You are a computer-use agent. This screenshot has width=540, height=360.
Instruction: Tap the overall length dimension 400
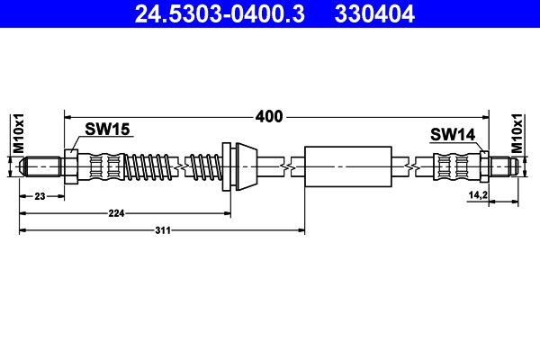[269, 116]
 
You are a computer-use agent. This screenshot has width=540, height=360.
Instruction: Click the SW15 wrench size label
[108, 130]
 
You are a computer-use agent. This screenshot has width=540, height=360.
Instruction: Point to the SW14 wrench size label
[452, 135]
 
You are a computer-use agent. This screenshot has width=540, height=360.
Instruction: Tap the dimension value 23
[40, 195]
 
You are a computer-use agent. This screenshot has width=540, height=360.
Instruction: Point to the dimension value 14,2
[477, 195]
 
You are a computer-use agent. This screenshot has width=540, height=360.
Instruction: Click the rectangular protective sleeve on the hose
[349, 166]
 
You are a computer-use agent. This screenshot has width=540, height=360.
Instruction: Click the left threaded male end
[41, 166]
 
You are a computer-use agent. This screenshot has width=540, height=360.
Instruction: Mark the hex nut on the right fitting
[483, 166]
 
